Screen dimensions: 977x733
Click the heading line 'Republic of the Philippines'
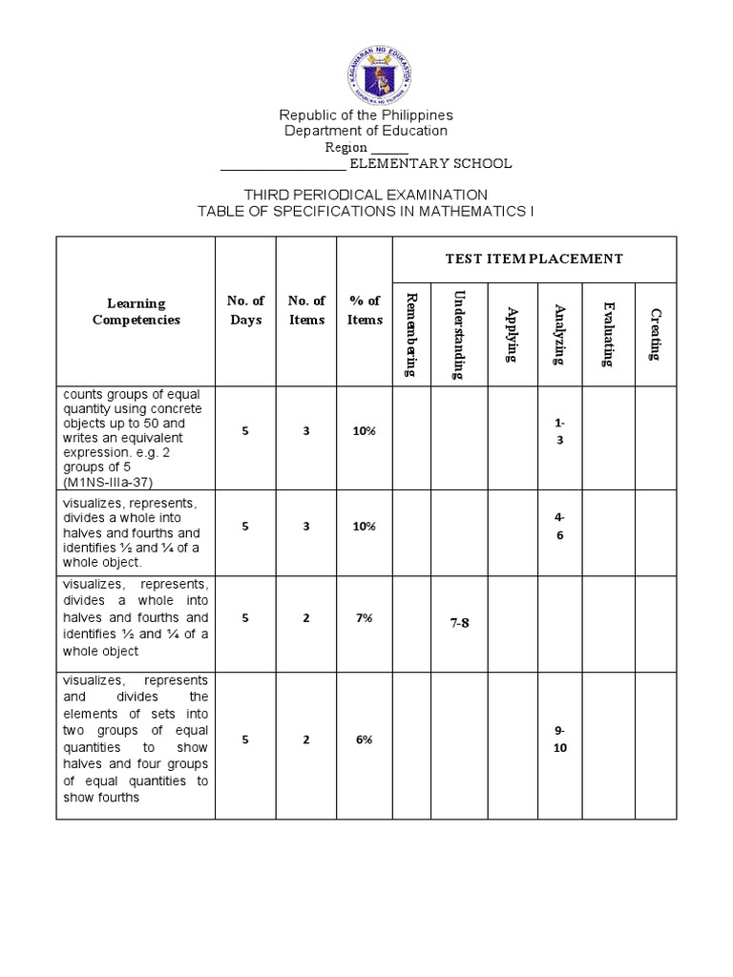[366, 115]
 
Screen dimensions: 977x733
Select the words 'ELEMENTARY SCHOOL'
[429, 163]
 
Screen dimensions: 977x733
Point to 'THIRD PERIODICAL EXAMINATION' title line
[366, 195]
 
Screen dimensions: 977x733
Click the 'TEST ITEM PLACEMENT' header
[534, 259]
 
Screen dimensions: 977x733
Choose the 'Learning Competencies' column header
[135, 311]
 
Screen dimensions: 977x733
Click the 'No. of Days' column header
[245, 310]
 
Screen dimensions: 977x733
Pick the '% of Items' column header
[364, 310]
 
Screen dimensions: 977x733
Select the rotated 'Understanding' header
[459, 335]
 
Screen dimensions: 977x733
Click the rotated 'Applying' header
[513, 335]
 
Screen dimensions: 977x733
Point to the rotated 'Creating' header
[655, 334]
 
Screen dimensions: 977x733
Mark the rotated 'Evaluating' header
[608, 334]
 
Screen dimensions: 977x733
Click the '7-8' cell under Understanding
[459, 623]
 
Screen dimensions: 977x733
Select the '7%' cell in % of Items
[364, 617]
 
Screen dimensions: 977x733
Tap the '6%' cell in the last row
[364, 739]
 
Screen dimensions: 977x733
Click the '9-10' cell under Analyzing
[560, 739]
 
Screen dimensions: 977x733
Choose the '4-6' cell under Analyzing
[560, 526]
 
